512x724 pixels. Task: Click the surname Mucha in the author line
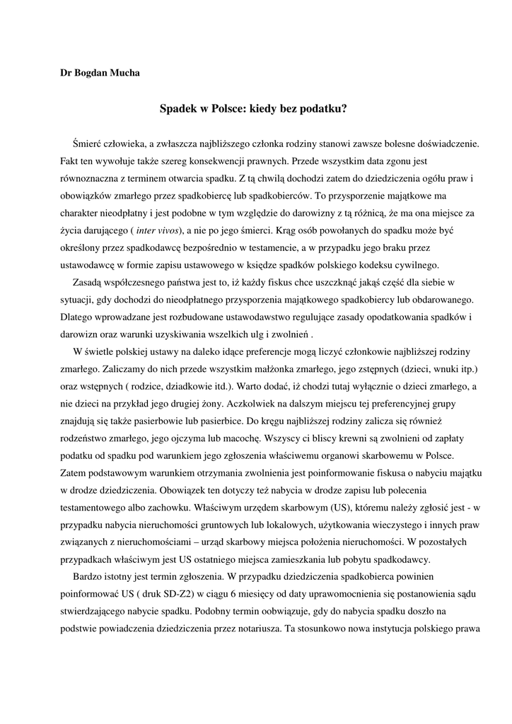point(123,74)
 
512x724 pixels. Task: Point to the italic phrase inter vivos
point(158,230)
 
